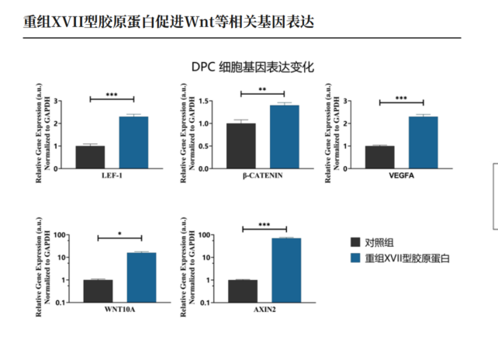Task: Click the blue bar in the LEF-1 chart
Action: click(133, 142)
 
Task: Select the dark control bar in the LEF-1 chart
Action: click(90, 157)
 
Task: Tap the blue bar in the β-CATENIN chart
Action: click(284, 137)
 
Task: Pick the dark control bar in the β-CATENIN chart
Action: click(240, 146)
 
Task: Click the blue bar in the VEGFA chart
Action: click(423, 142)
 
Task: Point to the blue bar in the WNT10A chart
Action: click(141, 277)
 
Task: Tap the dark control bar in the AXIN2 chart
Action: click(243, 291)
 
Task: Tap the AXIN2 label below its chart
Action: click(265, 311)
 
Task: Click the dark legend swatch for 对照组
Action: click(355, 241)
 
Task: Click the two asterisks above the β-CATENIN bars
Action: click(262, 89)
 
